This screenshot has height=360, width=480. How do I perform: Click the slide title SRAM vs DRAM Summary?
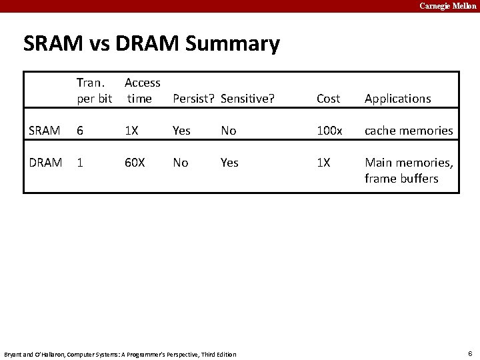pyautogui.click(x=151, y=45)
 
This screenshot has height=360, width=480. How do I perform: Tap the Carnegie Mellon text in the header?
pyautogui.click(x=448, y=6)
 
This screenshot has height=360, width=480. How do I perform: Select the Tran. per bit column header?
pyautogui.click(x=94, y=91)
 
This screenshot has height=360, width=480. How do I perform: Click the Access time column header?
pyautogui.click(x=142, y=91)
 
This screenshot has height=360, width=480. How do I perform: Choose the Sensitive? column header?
pyautogui.click(x=247, y=99)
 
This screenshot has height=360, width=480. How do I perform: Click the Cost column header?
pyautogui.click(x=328, y=99)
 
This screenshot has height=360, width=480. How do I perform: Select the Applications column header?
pyautogui.click(x=397, y=99)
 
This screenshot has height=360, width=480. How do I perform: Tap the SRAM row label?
pyautogui.click(x=45, y=131)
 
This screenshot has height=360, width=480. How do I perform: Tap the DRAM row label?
pyautogui.click(x=45, y=163)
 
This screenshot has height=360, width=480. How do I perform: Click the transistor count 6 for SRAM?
pyautogui.click(x=80, y=131)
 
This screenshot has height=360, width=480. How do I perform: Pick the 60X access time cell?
pyautogui.click(x=135, y=163)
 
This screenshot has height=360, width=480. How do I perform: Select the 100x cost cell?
pyautogui.click(x=329, y=131)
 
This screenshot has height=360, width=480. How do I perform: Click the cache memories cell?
pyautogui.click(x=409, y=131)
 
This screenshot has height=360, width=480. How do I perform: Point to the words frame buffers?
pyautogui.click(x=401, y=179)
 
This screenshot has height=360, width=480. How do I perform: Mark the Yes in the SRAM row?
pyautogui.click(x=181, y=131)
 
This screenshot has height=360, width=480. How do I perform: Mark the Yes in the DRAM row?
pyautogui.click(x=229, y=163)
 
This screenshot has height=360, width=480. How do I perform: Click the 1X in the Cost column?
pyautogui.click(x=323, y=163)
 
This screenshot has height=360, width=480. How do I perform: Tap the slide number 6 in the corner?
pyautogui.click(x=470, y=353)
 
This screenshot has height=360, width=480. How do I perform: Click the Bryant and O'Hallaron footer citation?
pyautogui.click(x=120, y=354)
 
